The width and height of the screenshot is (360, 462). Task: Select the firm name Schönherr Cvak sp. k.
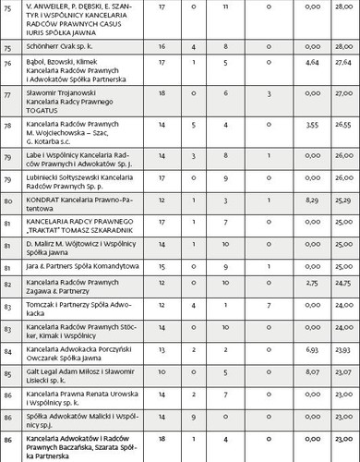[x=57, y=43]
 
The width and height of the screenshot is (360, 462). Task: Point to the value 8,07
[x=311, y=371]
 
